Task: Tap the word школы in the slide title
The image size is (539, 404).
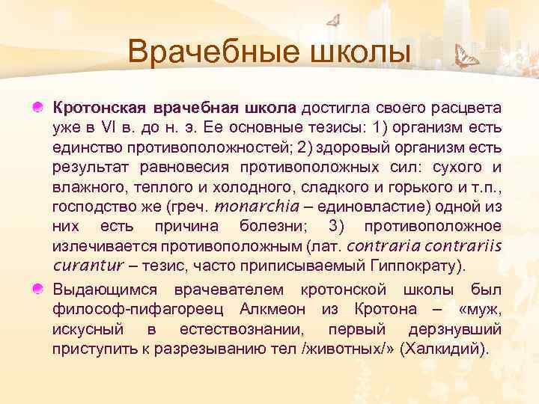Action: point(358,53)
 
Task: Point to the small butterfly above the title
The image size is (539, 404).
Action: point(336,19)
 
